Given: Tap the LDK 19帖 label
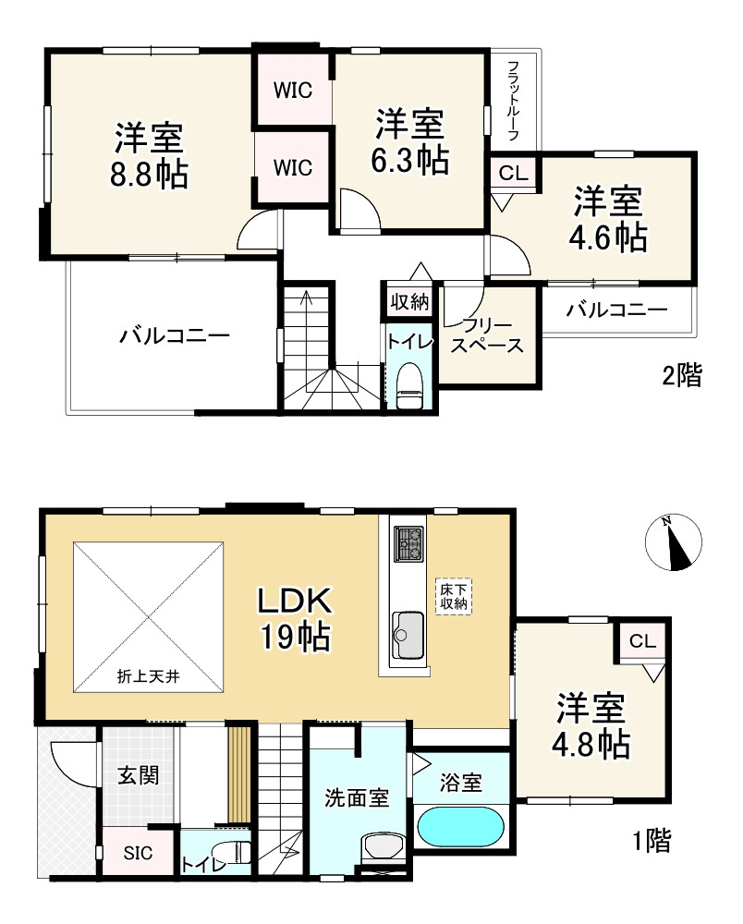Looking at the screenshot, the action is click(x=295, y=618).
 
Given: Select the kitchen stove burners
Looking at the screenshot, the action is click(x=408, y=543).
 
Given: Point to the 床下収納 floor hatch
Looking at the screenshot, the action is click(x=455, y=596).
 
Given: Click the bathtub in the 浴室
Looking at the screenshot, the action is click(x=460, y=827).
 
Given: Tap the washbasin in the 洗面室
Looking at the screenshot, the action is click(x=380, y=846).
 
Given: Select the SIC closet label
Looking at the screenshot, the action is click(x=138, y=853).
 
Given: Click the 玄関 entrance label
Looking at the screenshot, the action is click(x=139, y=775).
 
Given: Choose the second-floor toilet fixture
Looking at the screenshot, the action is click(x=408, y=384).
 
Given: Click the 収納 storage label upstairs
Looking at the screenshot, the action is click(x=408, y=302).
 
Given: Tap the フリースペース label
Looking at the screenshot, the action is click(x=487, y=334).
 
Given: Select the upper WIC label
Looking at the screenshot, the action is click(x=293, y=91).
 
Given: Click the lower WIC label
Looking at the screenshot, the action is click(x=293, y=168).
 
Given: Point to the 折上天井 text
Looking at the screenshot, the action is click(x=148, y=676).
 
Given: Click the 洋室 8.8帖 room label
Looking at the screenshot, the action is click(x=149, y=155).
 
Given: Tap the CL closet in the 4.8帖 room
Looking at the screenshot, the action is click(x=642, y=640).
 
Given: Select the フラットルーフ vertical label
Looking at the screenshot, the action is click(x=513, y=100).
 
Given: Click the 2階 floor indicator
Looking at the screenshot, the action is click(x=682, y=375).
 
